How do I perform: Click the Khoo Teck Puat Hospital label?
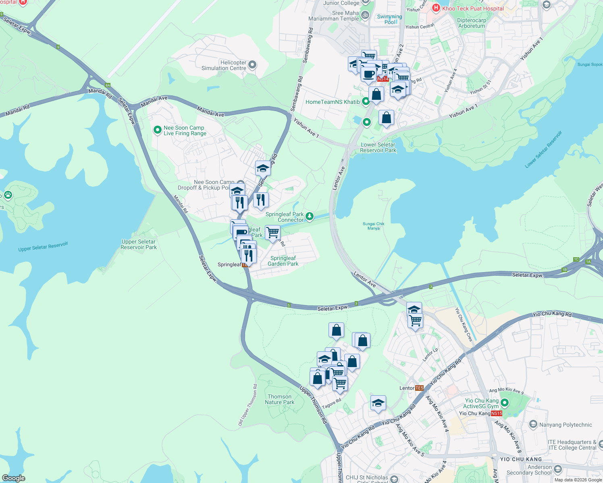tap(473, 8)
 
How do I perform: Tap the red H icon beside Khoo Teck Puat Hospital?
tap(436, 8)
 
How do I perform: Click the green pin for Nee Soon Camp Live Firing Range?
tap(158, 130)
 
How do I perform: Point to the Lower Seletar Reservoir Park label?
tap(378, 147)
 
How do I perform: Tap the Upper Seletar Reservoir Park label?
tap(139, 244)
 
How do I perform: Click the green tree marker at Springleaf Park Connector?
tap(310, 217)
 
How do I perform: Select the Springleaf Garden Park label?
tap(283, 261)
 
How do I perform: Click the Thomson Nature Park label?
tap(279, 399)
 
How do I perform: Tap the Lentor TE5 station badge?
tap(419, 388)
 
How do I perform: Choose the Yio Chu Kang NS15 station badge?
tap(497, 413)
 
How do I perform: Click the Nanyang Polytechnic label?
tap(566, 425)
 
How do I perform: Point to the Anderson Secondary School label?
tap(529, 470)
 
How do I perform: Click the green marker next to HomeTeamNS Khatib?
tap(366, 101)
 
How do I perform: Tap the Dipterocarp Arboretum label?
tap(472, 23)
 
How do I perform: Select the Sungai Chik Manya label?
tap(374, 226)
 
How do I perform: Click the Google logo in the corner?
tap(14, 478)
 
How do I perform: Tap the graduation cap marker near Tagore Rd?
tap(378, 403)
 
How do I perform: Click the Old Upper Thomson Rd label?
tap(247, 405)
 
